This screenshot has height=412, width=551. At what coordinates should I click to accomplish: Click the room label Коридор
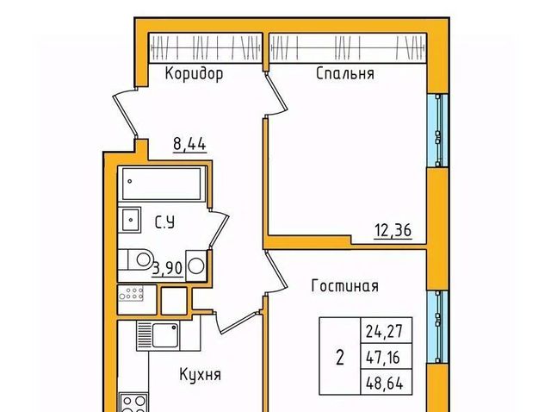[194, 74]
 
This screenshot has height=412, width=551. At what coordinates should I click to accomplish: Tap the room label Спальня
[345, 73]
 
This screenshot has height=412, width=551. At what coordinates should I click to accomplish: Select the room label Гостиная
[345, 285]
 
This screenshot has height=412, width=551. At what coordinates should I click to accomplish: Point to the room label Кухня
[201, 374]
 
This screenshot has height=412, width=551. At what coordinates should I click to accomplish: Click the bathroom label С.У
[164, 222]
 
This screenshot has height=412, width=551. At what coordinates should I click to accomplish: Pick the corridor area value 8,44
[189, 144]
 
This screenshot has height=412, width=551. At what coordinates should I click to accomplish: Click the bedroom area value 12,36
[393, 231]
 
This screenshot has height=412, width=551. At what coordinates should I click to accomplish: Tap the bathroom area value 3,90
[168, 268]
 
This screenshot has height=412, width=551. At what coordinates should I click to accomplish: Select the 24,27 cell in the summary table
[387, 330]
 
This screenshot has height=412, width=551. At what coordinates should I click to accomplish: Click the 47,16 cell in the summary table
[387, 357]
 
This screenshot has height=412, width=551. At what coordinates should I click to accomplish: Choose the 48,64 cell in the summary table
[387, 382]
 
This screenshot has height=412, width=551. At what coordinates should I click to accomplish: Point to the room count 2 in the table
[340, 359]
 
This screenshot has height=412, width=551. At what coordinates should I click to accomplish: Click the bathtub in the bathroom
[161, 184]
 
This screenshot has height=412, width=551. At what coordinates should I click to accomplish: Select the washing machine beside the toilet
[196, 265]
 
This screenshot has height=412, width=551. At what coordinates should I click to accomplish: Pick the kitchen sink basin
[165, 335]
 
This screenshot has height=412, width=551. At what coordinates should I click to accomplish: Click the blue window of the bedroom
[437, 130]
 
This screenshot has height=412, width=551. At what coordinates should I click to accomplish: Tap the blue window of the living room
[437, 327]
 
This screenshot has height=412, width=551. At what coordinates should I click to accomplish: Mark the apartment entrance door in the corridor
[125, 113]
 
